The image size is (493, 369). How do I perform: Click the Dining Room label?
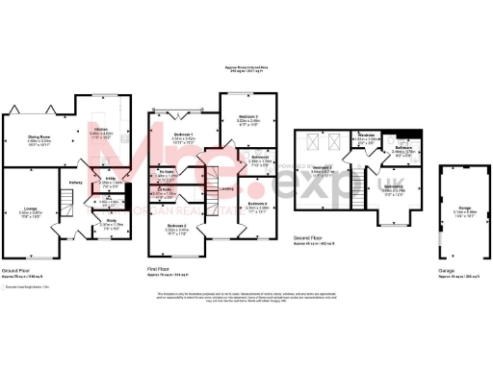point(39,137)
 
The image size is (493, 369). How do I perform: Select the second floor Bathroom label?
point(402,147)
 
